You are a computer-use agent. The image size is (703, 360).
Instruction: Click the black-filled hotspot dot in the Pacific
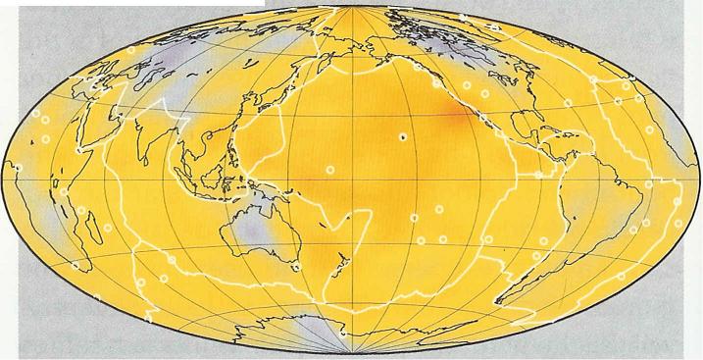tap(401, 136)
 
